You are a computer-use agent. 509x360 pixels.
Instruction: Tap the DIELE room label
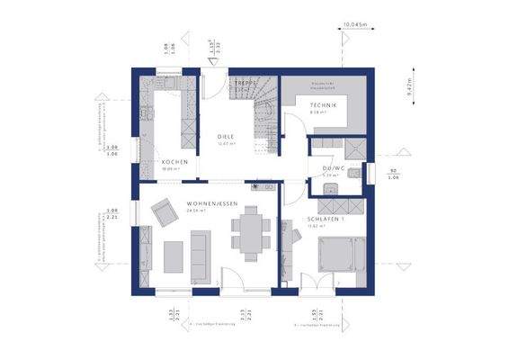point(225,136)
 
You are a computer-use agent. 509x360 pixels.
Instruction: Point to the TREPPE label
point(246,84)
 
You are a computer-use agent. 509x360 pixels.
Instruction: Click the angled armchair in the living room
point(164,212)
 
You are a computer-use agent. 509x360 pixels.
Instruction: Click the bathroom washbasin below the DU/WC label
point(330,186)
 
